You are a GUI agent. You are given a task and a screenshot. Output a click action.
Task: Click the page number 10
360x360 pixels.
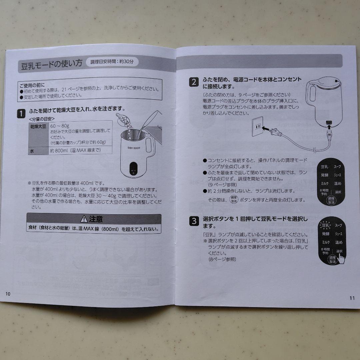tap(8, 294)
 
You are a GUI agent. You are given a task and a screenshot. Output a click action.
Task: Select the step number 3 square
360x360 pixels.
tap(194, 221)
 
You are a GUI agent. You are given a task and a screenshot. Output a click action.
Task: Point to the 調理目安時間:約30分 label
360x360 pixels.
tap(112, 62)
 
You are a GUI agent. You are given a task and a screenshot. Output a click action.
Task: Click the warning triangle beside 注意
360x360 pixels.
tap(84, 219)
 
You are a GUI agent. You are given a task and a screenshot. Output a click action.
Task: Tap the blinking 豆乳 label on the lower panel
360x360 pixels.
tap(325, 226)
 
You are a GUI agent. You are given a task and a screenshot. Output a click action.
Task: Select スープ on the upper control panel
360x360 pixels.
tap(338, 166)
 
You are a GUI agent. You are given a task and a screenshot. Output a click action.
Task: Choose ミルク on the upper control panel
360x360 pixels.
tap(325, 183)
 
